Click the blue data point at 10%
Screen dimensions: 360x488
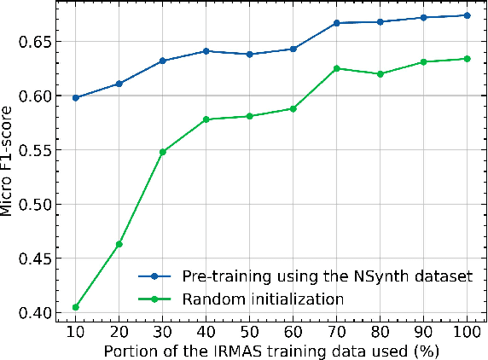[x=76, y=98]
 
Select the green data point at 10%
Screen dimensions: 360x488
[x=76, y=307]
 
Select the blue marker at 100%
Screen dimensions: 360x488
[x=467, y=15]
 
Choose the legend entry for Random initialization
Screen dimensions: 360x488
[x=261, y=299]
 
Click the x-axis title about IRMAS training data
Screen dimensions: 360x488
[x=272, y=351]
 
